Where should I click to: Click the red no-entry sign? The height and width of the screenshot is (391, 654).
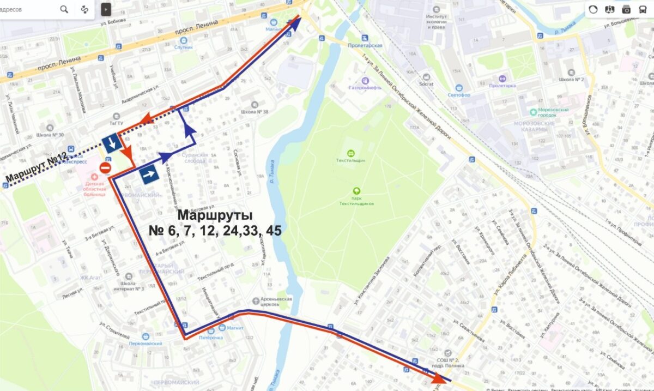106,167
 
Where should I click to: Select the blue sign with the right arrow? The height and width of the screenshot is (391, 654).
149,176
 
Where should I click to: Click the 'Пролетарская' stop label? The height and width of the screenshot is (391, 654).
365,45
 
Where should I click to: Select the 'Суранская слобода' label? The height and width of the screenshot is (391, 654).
196,158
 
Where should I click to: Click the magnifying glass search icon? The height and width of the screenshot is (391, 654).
64,9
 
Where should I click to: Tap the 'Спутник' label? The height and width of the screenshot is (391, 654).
184,47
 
